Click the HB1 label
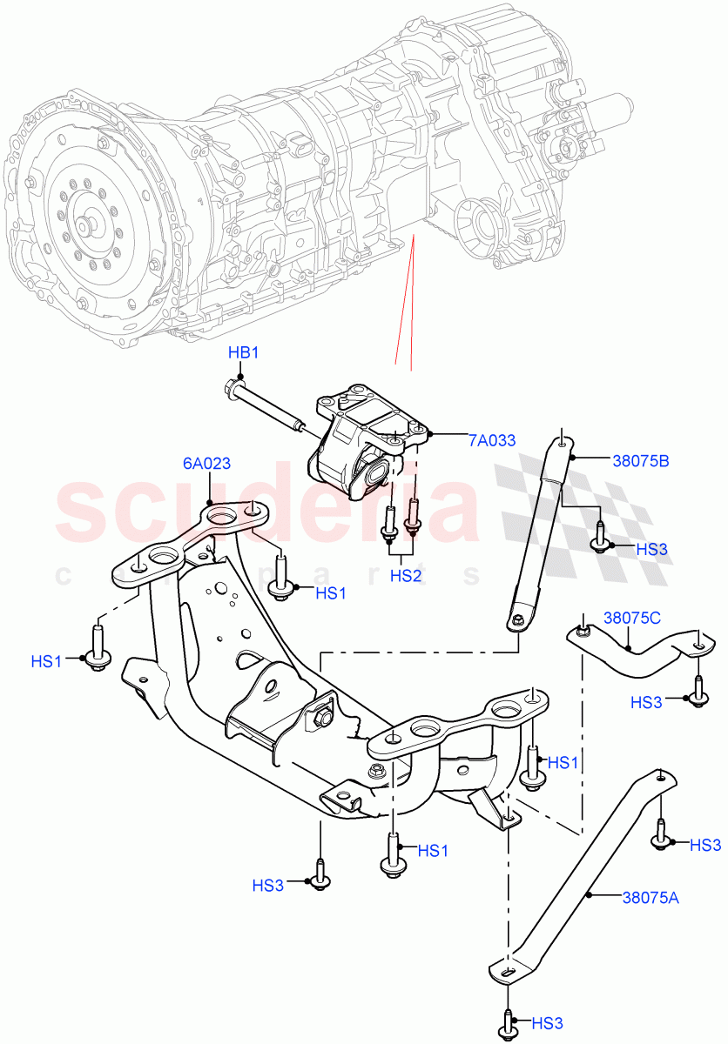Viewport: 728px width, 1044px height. coord(243,352)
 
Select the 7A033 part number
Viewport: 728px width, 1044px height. coord(492,441)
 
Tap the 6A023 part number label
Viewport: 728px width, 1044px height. coord(206,464)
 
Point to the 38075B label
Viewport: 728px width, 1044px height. coord(615,461)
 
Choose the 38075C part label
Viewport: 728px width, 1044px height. coord(631,619)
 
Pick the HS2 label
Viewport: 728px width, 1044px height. coord(406,575)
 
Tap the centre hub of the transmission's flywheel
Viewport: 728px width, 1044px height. coord(86,225)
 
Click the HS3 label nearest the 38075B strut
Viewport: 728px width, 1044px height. coord(651,549)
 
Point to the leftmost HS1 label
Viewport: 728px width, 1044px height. coord(47,661)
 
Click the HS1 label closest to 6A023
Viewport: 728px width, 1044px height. coord(331,593)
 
